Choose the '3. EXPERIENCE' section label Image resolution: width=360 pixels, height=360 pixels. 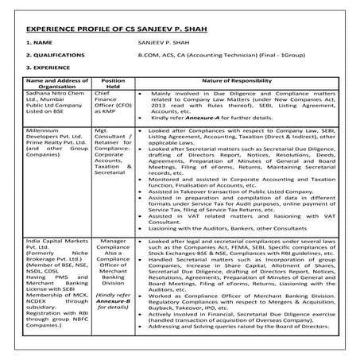48,70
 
